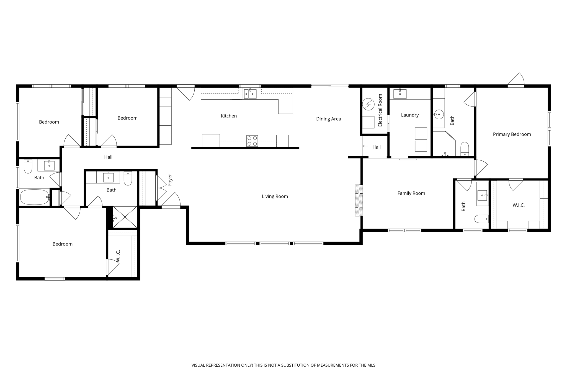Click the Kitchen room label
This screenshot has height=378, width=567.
coord(229,116)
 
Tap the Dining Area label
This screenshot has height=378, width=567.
coord(328,119)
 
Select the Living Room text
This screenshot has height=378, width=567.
coord(275,196)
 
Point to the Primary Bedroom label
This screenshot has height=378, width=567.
coord(512,134)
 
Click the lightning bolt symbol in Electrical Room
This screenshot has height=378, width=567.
coord(368,104)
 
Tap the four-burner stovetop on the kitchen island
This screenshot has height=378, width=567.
coord(252,141)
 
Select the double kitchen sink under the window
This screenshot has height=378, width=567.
coord(250,94)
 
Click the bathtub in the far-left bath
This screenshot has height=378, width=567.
coord(34,197)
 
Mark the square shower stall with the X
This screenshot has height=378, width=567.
coord(125,217)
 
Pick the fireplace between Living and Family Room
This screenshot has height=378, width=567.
coord(359,200)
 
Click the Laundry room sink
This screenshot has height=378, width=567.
coord(400,94)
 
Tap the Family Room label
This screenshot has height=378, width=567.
coord(411,193)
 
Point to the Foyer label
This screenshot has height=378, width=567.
coord(170,180)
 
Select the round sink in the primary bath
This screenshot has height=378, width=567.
coord(439,114)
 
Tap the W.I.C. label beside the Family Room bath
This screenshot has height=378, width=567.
coord(518,205)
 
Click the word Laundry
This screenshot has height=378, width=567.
coord(410,115)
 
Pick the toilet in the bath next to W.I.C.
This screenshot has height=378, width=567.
coord(481,219)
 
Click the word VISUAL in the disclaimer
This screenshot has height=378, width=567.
coord(198,365)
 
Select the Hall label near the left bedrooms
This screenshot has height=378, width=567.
coord(108,157)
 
